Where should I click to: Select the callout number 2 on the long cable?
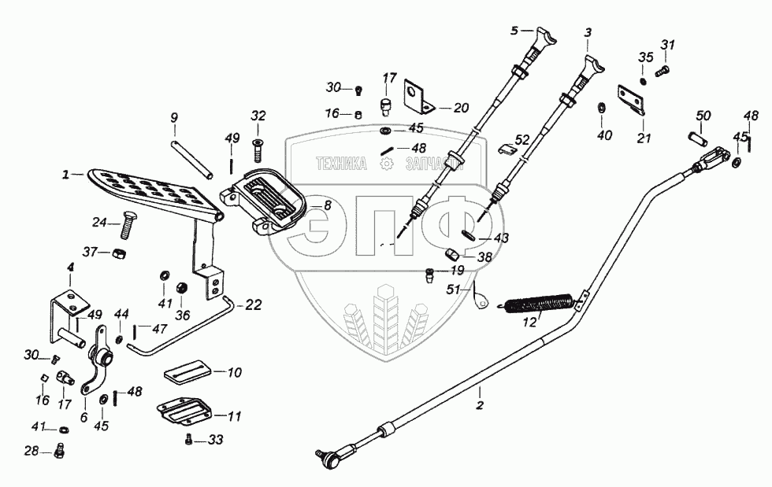point(480,407)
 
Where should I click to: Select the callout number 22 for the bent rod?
point(254,305)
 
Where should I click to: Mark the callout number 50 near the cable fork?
point(703,116)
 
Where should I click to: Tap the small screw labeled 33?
point(189,439)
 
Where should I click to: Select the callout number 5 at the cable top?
point(515,31)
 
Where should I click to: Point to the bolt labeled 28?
point(62,451)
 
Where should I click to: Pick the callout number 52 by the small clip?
point(521,139)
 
